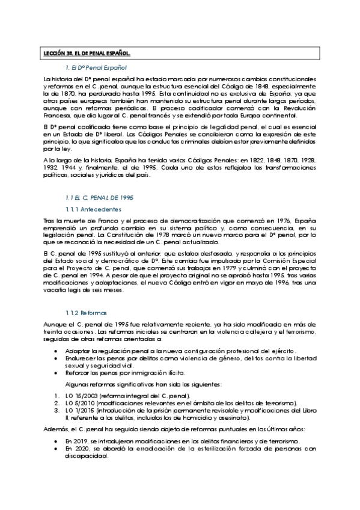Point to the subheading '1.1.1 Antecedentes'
tap(93, 209)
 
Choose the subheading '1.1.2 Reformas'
tap(87, 313)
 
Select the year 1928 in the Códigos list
tap(307, 161)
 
